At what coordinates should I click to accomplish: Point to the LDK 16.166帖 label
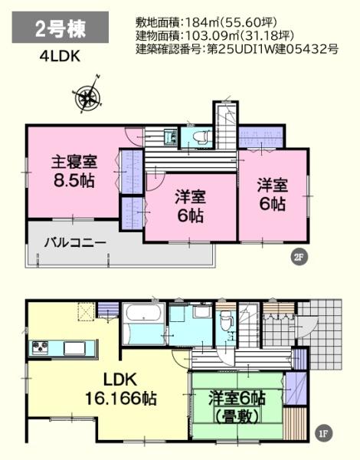click(x=119, y=389)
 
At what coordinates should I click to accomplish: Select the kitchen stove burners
click(x=40, y=349)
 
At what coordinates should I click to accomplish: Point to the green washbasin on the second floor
click(x=172, y=138)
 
